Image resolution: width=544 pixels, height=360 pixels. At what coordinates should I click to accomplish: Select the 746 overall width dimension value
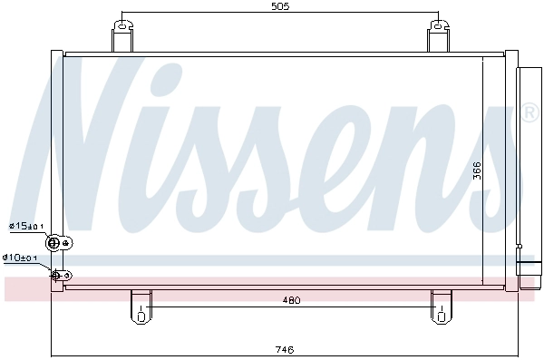tap(284, 349)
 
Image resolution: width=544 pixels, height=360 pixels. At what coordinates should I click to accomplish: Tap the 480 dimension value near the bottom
tap(291, 300)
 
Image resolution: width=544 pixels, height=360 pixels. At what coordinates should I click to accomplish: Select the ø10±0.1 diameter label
tap(20, 258)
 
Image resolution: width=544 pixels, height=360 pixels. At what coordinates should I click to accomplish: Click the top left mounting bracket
tap(122, 37)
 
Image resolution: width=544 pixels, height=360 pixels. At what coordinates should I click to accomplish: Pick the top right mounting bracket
tap(439, 37)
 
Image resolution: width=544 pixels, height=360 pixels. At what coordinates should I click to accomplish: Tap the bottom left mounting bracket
tap(141, 306)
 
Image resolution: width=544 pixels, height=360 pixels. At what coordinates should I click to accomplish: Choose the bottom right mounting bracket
tap(442, 306)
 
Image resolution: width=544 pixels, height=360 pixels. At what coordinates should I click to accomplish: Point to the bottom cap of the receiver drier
tap(526, 272)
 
